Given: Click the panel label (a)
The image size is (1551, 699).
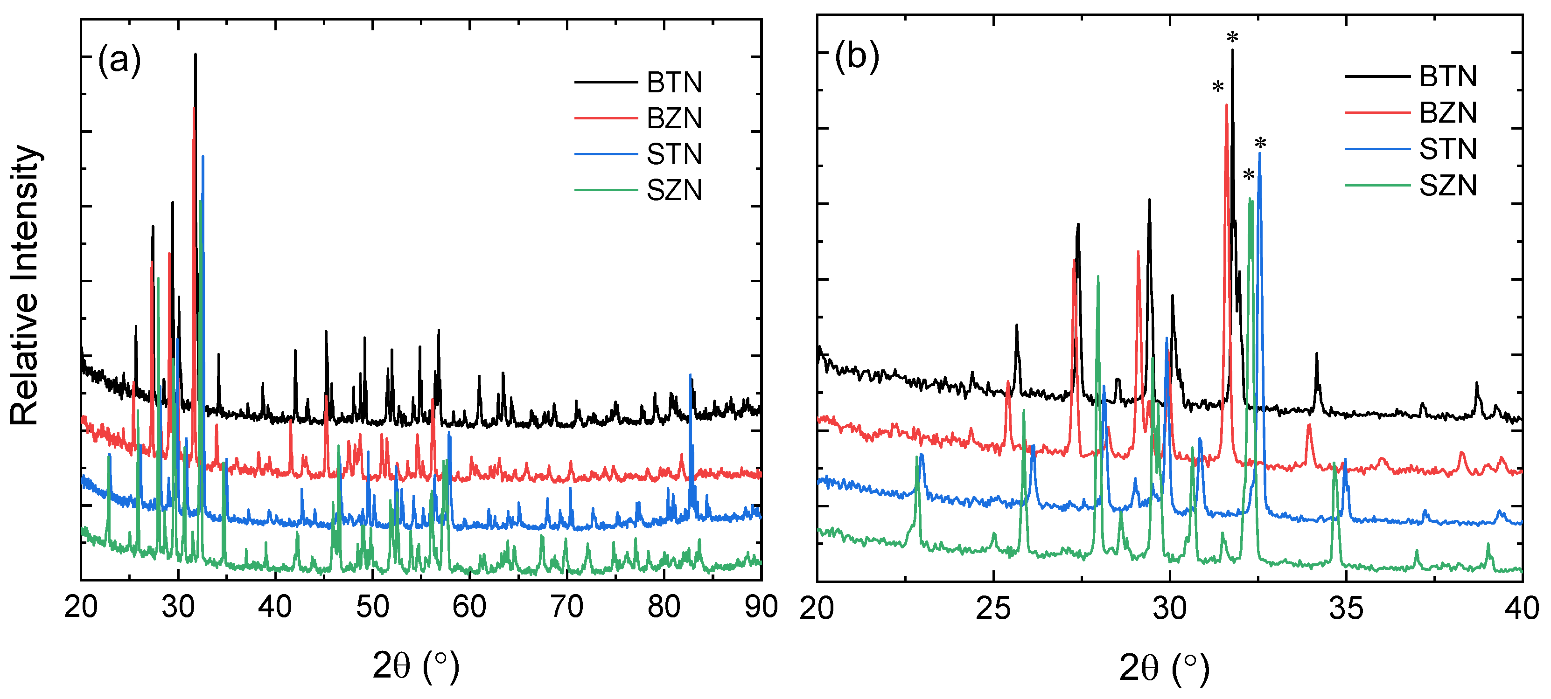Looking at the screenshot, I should click(119, 60).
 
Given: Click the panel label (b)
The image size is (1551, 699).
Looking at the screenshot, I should click(856, 56).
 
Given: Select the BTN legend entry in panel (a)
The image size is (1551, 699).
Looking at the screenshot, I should click(674, 83).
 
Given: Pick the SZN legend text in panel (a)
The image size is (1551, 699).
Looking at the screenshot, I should click(674, 191).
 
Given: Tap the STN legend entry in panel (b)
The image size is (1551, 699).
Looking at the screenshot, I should click(1447, 149).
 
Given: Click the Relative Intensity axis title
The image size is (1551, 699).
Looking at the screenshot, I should click(25, 286).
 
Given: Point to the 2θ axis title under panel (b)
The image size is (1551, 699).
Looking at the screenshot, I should click(1164, 668).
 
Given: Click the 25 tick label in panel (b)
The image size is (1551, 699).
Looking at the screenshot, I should click(993, 609).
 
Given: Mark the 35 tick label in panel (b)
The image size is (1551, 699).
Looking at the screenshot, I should click(1346, 609).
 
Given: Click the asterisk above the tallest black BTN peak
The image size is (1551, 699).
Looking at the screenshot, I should click(1232, 37).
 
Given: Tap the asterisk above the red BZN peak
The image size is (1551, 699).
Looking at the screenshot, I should click(1218, 87).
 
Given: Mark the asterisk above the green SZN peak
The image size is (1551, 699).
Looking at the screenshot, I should click(1249, 175).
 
